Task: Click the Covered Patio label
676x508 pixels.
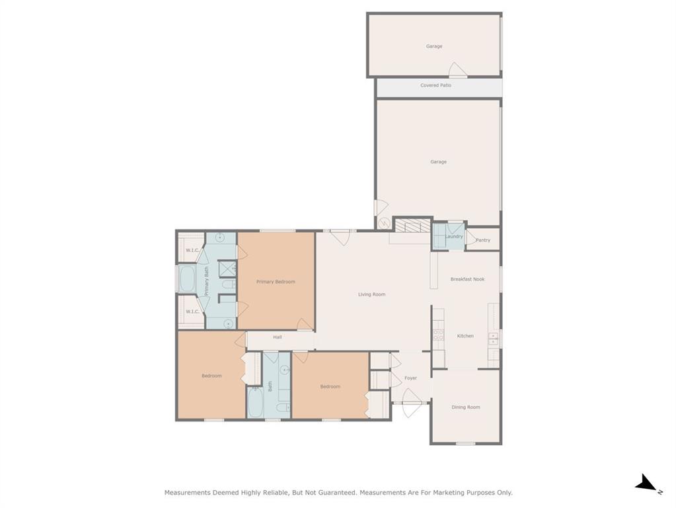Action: (436, 85)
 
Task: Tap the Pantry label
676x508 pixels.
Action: (483, 240)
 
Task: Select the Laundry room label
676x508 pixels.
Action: (454, 237)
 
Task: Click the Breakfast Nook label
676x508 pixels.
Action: (467, 279)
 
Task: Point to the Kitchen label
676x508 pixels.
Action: (465, 336)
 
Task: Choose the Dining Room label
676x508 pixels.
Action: (466, 407)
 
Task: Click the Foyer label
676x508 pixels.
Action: (410, 378)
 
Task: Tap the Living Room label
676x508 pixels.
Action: (371, 294)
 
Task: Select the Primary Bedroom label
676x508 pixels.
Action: (276, 282)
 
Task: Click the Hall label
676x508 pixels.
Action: (278, 337)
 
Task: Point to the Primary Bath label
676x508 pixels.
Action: (207, 281)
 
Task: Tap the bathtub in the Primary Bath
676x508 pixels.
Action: (187, 279)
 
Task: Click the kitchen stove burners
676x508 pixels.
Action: (439, 335)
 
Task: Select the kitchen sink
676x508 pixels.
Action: (493, 339)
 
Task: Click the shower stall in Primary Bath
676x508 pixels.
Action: (227, 269)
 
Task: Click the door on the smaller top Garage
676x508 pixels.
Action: (457, 70)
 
